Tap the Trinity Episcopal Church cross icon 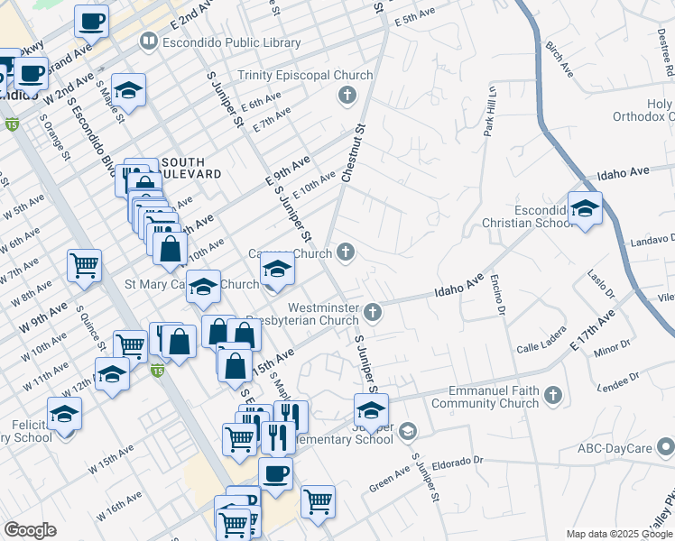point(346,95)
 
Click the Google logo point(30,530)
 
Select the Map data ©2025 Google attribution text point(618,534)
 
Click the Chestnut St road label point(352,153)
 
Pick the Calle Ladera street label point(540,347)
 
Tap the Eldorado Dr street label point(458,463)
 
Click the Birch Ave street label point(560,57)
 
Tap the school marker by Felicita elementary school point(63,414)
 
